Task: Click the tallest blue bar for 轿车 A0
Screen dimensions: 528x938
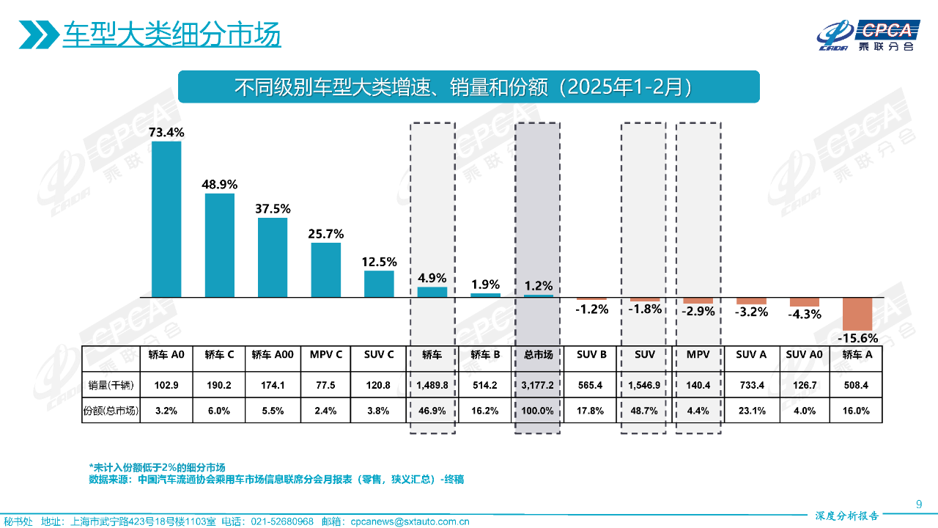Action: point(166,219)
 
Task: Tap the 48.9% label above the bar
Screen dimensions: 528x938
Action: point(219,184)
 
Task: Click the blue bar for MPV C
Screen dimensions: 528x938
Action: point(325,269)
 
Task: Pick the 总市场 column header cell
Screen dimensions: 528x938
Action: point(538,355)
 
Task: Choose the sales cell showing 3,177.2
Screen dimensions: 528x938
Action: point(538,384)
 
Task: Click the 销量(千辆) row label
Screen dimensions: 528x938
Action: point(111,384)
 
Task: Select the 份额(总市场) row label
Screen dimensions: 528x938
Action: point(111,411)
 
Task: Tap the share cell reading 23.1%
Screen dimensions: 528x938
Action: point(751,411)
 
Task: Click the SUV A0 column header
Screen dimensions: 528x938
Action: point(805,355)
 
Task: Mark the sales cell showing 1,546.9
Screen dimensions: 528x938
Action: point(645,384)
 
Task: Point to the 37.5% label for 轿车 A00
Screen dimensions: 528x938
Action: point(273,209)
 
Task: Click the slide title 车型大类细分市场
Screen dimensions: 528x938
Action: point(171,34)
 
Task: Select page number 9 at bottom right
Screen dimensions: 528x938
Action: point(919,503)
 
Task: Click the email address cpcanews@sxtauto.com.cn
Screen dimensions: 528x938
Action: point(410,521)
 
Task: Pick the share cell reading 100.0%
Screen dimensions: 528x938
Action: point(538,411)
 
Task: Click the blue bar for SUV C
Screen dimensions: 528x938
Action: point(379,284)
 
